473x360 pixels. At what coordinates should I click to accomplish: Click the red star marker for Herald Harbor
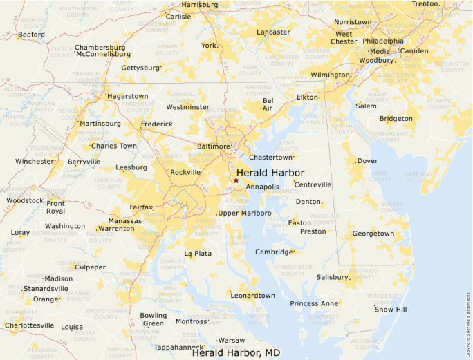point(236,180)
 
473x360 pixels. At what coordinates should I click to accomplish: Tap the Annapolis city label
point(263,187)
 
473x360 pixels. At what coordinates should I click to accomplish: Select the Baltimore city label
point(213,146)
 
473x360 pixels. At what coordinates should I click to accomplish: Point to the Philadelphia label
point(383,41)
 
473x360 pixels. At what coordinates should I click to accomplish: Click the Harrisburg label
point(200,4)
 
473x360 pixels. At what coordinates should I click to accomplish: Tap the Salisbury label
point(333,277)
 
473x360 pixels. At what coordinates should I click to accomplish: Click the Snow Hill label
point(391,310)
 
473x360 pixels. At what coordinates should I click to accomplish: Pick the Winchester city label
point(34,161)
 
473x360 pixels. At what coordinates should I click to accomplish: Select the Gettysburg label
point(140,68)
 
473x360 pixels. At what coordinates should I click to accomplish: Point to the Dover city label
point(367,161)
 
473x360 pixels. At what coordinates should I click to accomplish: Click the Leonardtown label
point(252,296)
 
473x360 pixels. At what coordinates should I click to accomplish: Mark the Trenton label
point(425,4)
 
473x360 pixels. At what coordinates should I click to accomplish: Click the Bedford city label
point(31,35)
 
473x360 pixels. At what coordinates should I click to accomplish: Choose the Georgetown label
point(373,234)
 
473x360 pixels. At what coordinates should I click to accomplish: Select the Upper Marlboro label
point(245,213)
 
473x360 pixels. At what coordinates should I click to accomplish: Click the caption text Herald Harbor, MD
point(236,353)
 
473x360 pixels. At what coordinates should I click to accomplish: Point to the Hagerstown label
point(127,96)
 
